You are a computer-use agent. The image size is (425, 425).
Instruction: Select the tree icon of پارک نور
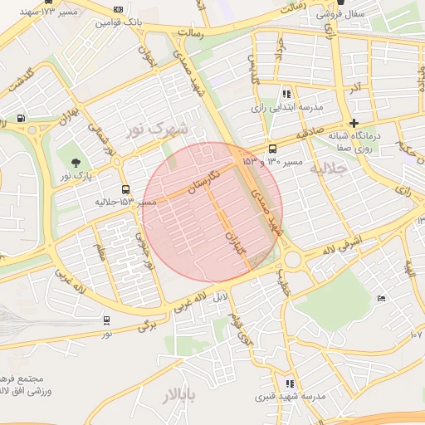(76, 163)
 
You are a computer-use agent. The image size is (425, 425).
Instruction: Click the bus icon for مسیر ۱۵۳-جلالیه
(125, 189)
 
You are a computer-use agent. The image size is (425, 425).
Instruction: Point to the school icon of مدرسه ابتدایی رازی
(287, 94)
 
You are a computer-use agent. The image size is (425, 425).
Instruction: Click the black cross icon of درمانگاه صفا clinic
(354, 123)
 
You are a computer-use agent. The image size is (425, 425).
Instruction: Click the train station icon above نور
(107, 320)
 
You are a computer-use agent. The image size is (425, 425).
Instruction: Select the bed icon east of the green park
(381, 298)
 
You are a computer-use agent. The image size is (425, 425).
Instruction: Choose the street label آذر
(355, 87)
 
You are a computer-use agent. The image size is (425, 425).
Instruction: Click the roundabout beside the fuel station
(32, 129)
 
